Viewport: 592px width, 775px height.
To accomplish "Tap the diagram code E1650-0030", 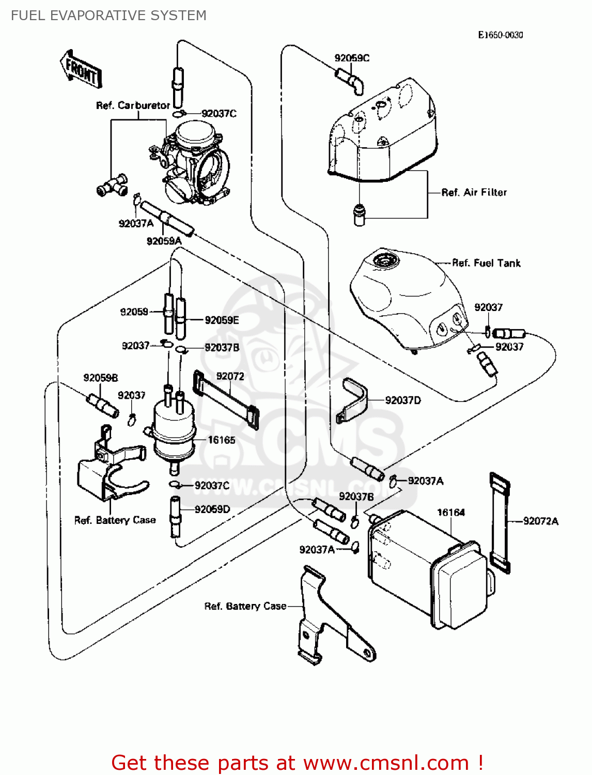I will (x=500, y=35).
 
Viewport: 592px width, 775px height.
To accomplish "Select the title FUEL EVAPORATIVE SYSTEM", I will (x=108, y=16).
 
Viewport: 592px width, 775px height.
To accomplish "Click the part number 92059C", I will (x=352, y=58).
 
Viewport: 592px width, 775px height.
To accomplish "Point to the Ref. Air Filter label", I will (x=474, y=192).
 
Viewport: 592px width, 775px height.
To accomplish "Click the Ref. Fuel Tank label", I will (x=486, y=263).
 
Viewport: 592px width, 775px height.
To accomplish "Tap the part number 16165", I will (x=222, y=440).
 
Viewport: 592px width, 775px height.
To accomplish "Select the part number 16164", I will (x=451, y=513).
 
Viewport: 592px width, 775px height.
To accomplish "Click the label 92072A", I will (x=540, y=521).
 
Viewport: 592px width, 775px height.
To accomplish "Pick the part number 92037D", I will (x=403, y=400).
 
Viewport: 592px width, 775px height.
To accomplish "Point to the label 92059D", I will (x=212, y=509).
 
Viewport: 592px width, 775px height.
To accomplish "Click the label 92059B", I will (x=101, y=378).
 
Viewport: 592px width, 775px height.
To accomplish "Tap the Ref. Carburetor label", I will (x=133, y=105).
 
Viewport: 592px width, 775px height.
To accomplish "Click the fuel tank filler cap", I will (x=385, y=260).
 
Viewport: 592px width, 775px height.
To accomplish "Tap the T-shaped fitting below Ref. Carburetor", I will (x=112, y=185).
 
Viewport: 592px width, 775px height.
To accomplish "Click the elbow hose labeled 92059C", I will (x=351, y=81).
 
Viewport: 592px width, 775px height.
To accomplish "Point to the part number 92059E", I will (x=222, y=320).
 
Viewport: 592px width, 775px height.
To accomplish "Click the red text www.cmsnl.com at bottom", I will (x=385, y=763).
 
